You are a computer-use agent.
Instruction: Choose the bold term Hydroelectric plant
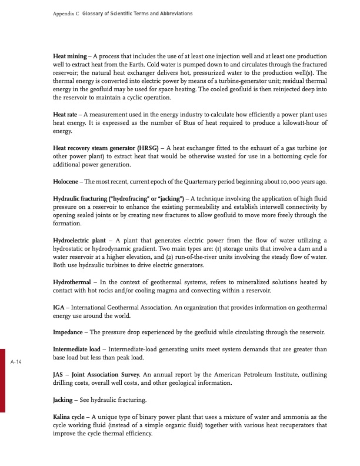tap(80, 240)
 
